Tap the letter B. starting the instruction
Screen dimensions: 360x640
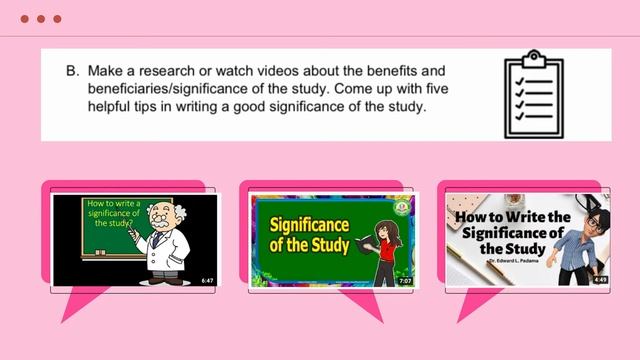[x=72, y=72]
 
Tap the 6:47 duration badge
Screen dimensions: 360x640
[x=208, y=280]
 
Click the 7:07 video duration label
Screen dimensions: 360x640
[x=405, y=281]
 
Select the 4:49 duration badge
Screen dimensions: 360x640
[x=600, y=280]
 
